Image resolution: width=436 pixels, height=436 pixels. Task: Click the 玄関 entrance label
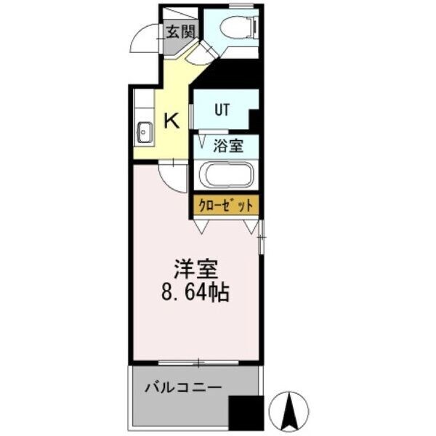(179, 31)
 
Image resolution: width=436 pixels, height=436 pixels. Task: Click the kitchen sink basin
(144, 132)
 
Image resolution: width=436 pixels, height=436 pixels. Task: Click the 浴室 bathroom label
(227, 145)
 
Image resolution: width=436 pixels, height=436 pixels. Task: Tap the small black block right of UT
(255, 118)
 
